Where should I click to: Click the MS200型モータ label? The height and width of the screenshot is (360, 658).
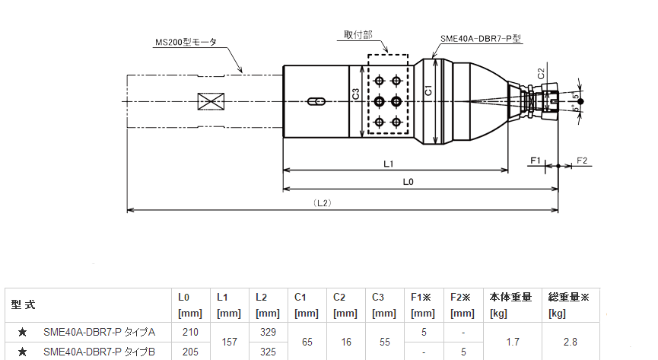pyautogui.click(x=185, y=43)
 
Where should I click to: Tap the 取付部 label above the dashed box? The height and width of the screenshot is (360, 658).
pyautogui.click(x=358, y=35)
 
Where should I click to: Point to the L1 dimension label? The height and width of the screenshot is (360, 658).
pyautogui.click(x=388, y=164)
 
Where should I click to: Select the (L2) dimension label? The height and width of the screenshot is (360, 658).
pyautogui.click(x=322, y=202)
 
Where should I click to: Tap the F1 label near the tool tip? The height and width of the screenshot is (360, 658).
pyautogui.click(x=535, y=161)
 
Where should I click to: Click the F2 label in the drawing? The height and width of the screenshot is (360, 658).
pyautogui.click(x=583, y=161)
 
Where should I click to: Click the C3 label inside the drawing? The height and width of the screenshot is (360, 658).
pyautogui.click(x=356, y=94)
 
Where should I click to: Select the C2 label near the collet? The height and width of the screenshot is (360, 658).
pyautogui.click(x=540, y=74)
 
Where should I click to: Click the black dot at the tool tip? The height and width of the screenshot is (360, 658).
pyautogui.click(x=581, y=101)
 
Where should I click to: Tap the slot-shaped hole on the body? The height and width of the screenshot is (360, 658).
pyautogui.click(x=316, y=101)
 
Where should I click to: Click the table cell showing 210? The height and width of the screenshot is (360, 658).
pyautogui.click(x=189, y=333)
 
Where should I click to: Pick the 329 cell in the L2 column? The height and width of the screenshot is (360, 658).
pyautogui.click(x=267, y=333)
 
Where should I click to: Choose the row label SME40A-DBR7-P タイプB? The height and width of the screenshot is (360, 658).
pyautogui.click(x=100, y=352)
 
